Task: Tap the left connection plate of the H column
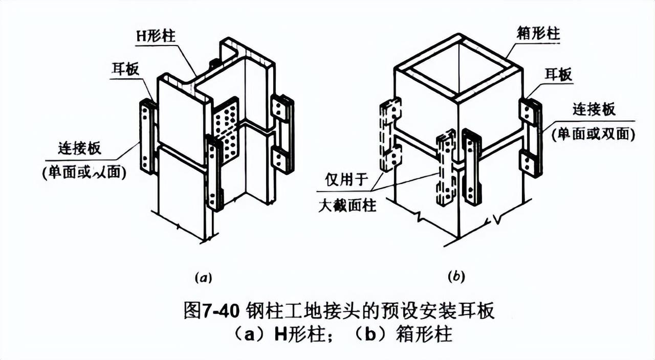[x=148, y=137]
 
